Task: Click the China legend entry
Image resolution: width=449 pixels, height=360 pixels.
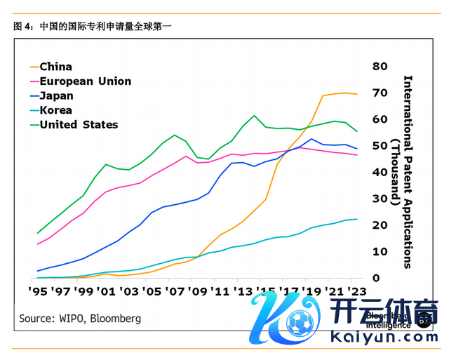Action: click(55, 67)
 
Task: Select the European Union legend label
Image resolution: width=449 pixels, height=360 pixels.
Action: click(85, 81)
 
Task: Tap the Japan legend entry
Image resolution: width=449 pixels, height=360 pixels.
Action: click(56, 95)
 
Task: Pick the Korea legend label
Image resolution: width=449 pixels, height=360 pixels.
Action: click(55, 110)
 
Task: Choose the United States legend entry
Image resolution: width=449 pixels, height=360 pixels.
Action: click(79, 125)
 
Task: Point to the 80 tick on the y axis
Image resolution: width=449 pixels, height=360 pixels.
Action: click(380, 66)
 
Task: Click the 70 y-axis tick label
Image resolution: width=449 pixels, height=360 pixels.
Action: click(380, 93)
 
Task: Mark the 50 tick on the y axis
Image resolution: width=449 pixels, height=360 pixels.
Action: click(380, 145)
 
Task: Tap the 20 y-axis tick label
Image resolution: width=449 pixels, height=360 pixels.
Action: click(380, 225)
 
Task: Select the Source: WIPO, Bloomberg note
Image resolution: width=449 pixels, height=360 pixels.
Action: click(79, 319)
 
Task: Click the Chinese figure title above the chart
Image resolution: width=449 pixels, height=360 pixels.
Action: click(91, 27)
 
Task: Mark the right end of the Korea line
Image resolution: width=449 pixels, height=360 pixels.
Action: click(357, 219)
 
